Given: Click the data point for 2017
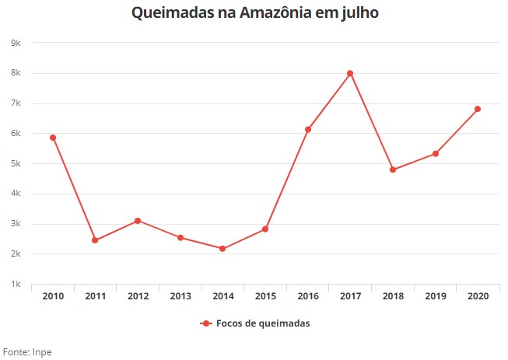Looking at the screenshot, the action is (350, 74).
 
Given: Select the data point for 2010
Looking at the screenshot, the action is (53, 138).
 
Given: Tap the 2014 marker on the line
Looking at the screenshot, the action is (222, 249).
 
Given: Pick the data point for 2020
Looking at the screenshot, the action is (478, 109).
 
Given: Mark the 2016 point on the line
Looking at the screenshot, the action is (308, 130).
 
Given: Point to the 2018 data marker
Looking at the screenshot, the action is (393, 170).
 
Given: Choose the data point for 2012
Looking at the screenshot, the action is (138, 221).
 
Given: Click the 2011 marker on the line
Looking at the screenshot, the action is (95, 240).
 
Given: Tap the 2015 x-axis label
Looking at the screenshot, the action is (265, 296).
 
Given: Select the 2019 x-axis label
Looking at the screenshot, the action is (436, 296).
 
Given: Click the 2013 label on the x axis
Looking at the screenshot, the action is (180, 296).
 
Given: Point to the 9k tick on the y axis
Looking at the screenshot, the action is (16, 43).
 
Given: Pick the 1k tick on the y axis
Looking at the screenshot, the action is (16, 285).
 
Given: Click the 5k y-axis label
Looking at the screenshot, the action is (16, 163).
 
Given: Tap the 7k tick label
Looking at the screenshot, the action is (16, 103).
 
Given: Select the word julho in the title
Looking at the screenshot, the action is (359, 13).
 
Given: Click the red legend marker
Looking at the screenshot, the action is (205, 323).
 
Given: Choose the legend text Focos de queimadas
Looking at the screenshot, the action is (263, 323).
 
